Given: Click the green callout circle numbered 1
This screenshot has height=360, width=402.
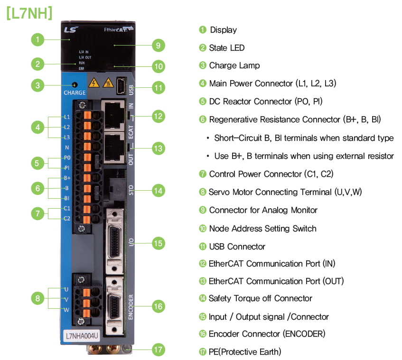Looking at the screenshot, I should (38, 39).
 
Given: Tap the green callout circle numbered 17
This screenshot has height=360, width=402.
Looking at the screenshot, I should (158, 350).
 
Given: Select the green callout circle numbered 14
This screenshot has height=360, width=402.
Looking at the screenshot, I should (158, 191).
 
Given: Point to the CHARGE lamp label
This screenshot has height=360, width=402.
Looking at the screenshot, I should (75, 92).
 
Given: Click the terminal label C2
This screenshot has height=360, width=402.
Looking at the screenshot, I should (67, 219).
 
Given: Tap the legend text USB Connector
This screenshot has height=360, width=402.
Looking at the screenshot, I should (237, 246).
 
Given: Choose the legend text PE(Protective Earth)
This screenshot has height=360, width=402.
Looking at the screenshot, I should (245, 351).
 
